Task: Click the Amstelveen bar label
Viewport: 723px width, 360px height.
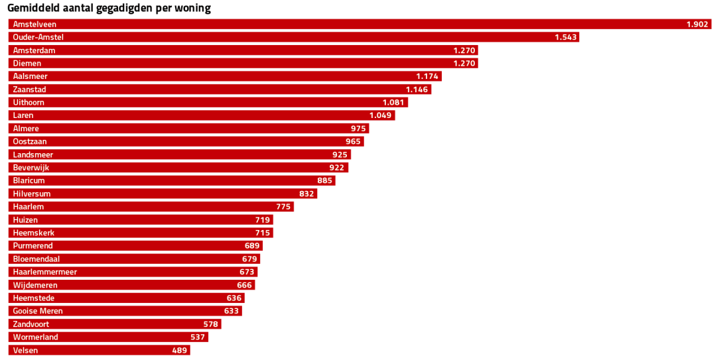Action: click(34, 25)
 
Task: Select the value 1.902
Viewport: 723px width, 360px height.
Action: click(697, 25)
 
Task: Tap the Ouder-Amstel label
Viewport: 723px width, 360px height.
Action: click(38, 37)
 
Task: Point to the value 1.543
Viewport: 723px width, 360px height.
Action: click(566, 37)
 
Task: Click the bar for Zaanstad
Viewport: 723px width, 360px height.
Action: click(219, 90)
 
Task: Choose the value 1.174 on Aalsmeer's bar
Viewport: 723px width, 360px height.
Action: click(427, 76)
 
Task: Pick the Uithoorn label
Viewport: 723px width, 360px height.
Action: click(29, 102)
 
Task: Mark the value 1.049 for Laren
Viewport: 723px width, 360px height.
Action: click(381, 115)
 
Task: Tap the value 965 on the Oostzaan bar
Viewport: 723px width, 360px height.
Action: click(353, 141)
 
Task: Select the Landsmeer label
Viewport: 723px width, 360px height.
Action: click(33, 154)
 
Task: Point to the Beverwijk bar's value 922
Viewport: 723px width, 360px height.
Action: click(336, 168)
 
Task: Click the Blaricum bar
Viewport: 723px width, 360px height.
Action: click(172, 180)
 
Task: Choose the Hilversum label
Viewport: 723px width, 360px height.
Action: click(32, 194)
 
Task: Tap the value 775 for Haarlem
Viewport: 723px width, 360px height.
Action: click(283, 207)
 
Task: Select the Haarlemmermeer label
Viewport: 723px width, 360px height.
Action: click(45, 272)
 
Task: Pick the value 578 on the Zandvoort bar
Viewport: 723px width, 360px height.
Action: click(210, 324)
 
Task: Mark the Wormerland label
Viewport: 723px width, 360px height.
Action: click(36, 337)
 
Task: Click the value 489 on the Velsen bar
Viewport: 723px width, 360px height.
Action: click(179, 350)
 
